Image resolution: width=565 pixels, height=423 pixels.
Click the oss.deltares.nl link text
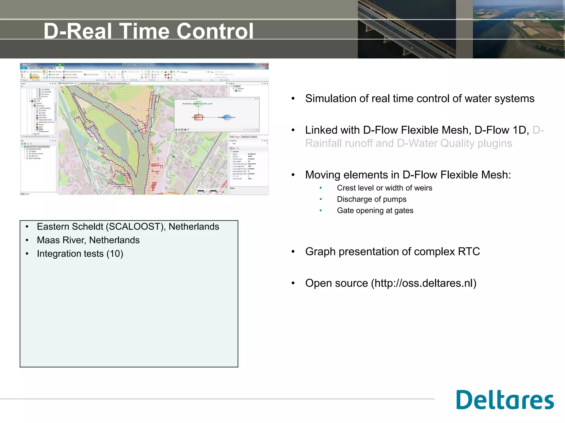pos(423,283)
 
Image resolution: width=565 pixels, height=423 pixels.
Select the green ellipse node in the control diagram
pos(198,104)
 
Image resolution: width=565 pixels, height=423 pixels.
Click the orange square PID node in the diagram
pos(198,117)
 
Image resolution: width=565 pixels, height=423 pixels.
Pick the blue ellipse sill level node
pos(227,117)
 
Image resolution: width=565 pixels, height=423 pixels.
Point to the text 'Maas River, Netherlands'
pos(88,240)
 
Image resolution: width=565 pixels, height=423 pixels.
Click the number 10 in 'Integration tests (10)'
pos(115,254)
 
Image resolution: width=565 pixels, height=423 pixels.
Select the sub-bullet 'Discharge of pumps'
pos(372,199)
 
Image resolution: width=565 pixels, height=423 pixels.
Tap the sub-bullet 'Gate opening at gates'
pos(375,210)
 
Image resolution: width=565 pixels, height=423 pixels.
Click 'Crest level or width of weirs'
pos(384,188)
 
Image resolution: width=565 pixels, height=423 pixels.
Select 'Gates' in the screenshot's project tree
pos(41,129)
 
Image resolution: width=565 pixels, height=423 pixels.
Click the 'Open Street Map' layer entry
pos(35,158)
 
